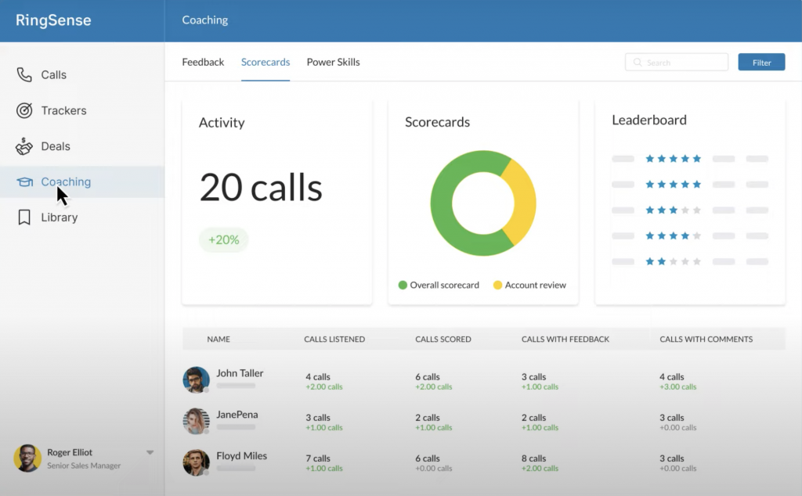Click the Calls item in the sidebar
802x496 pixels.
(x=53, y=75)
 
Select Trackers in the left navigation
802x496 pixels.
(x=63, y=111)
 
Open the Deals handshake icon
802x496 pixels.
(x=24, y=146)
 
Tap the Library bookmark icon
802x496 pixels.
(x=24, y=217)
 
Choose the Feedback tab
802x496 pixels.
(x=203, y=63)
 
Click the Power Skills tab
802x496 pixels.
(x=333, y=63)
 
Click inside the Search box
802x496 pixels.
(x=677, y=63)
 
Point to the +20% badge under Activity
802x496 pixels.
(x=223, y=240)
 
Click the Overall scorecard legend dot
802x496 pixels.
(x=403, y=286)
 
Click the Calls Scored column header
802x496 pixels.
(x=443, y=340)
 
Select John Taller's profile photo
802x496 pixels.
(x=196, y=379)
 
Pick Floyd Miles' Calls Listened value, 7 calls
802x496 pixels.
(x=318, y=458)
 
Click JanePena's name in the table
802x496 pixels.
(x=237, y=415)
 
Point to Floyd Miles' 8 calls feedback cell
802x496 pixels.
(x=534, y=458)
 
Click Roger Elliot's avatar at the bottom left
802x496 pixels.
(x=27, y=458)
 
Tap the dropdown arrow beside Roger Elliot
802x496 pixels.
(x=150, y=452)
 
